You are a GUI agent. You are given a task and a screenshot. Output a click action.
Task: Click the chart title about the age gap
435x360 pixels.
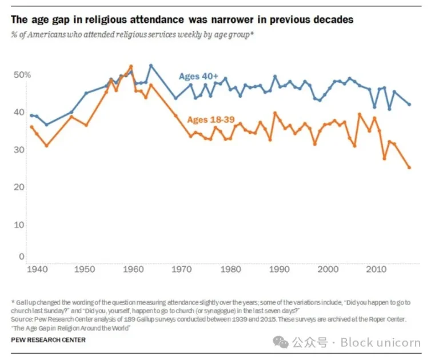(182, 20)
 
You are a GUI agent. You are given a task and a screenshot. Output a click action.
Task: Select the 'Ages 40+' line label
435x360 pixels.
(198, 76)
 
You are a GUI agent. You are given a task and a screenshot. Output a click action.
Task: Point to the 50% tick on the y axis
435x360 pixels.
(22, 75)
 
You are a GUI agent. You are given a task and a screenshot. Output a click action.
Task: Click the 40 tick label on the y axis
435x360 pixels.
(19, 113)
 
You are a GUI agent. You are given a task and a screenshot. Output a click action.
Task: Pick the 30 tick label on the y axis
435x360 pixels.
(19, 150)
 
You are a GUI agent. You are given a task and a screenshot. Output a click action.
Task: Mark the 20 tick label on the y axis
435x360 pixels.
(19, 187)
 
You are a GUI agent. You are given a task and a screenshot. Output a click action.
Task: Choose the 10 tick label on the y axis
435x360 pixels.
(19, 225)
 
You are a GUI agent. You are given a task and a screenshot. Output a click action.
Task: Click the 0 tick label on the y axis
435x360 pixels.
(21, 257)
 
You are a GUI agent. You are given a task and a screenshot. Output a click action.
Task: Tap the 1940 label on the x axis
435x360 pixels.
(35, 269)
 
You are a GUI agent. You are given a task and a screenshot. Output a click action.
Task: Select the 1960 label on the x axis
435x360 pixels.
(133, 269)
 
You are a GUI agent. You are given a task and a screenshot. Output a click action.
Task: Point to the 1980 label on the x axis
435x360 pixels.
(230, 269)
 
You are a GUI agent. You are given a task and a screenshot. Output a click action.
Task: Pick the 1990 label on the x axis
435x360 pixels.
(278, 269)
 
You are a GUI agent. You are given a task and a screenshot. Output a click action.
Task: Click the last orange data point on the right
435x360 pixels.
(409, 167)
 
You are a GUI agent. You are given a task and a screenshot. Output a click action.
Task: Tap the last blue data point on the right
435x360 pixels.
(409, 105)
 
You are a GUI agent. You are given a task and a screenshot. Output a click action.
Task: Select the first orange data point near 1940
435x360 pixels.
(31, 127)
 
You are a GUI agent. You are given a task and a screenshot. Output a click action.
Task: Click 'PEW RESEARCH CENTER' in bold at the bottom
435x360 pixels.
(48, 340)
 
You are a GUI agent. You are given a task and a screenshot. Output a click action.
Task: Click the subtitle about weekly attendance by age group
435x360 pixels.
(132, 34)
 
